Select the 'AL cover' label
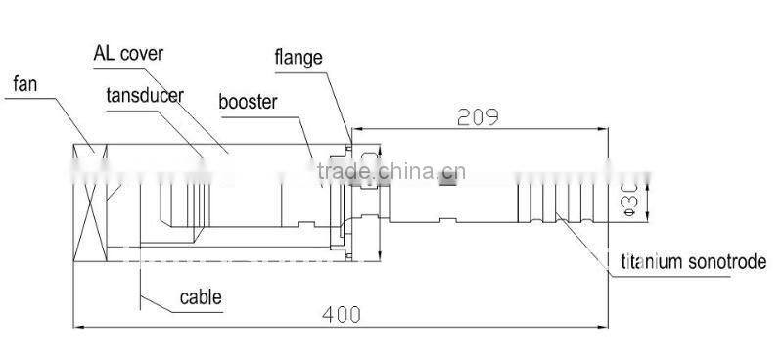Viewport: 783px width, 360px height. click(128, 53)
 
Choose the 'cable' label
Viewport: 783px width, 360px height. click(201, 296)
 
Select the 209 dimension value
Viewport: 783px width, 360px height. click(479, 116)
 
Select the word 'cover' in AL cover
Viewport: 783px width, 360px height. click(144, 53)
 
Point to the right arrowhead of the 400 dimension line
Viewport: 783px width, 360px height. click(600, 325)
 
